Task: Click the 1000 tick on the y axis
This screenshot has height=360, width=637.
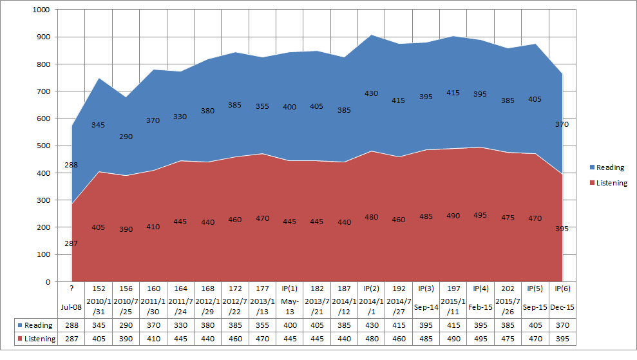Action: (x=40, y=10)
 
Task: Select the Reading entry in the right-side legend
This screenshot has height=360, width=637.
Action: (x=609, y=167)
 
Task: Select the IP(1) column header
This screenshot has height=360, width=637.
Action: (x=290, y=289)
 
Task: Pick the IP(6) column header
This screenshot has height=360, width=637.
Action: (x=562, y=289)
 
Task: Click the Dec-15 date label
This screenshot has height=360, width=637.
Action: (x=562, y=307)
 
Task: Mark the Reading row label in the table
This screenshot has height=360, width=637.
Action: (x=35, y=326)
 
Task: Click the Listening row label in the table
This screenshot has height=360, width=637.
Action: (x=35, y=339)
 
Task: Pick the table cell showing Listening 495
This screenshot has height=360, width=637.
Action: (x=480, y=339)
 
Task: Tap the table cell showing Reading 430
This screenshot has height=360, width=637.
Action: (x=372, y=326)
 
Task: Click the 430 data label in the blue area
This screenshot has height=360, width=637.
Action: (x=372, y=93)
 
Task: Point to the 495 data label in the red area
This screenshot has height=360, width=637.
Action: (x=480, y=215)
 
